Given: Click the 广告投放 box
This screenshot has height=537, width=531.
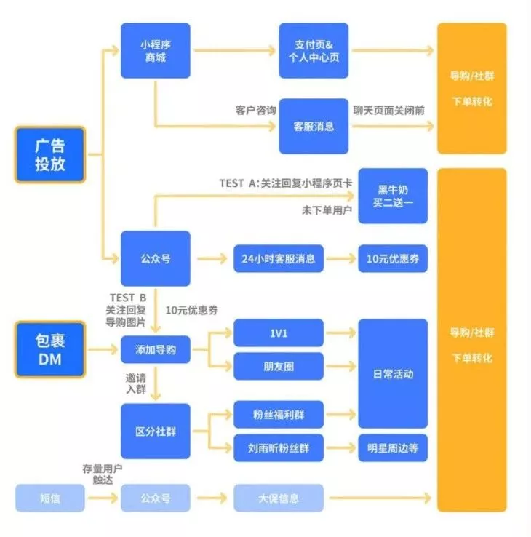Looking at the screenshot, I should (50, 155).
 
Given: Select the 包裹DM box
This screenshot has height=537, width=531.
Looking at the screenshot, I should (50, 350).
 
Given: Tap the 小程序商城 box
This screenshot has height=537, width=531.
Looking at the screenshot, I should (155, 50).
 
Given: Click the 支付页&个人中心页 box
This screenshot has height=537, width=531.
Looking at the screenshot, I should (314, 50).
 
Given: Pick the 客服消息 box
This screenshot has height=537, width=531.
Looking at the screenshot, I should (314, 126).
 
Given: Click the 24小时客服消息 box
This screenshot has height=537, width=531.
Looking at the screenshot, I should (279, 258).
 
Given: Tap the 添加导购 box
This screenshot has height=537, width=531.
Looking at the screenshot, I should (155, 350).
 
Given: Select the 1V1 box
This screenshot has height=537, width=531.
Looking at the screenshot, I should (279, 333).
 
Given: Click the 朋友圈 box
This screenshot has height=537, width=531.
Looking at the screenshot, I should (279, 367).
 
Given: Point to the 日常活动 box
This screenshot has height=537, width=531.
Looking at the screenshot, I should (392, 374).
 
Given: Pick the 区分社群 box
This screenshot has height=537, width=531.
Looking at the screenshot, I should (155, 431).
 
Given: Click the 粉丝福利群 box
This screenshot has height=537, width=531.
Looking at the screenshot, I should (279, 415).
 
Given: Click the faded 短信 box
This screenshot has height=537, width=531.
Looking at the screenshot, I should (50, 499).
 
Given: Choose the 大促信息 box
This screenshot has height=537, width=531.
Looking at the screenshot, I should (279, 499).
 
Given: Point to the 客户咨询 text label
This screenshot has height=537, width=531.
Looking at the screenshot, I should (255, 111).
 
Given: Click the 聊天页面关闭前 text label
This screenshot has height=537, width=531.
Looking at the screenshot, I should (389, 109).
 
